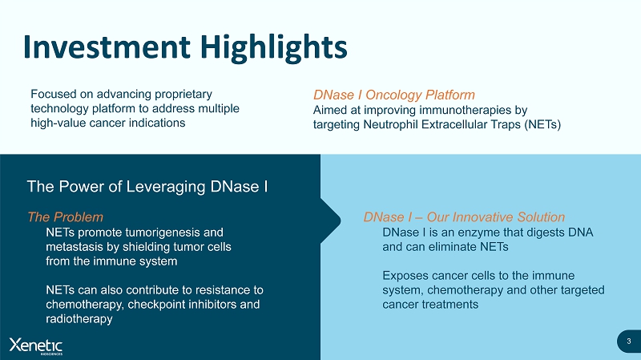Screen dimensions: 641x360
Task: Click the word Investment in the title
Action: pyautogui.click(x=107, y=47)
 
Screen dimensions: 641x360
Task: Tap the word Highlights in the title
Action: pyautogui.click(x=274, y=48)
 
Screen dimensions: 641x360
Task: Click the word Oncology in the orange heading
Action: pyautogui.click(x=393, y=95)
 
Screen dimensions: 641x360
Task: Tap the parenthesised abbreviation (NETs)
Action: pyautogui.click(x=542, y=124)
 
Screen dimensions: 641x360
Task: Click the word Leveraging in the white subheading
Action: pyautogui.click(x=166, y=187)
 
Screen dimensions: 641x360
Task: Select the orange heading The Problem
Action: pyautogui.click(x=66, y=216)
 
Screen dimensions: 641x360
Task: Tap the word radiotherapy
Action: pyautogui.click(x=79, y=318)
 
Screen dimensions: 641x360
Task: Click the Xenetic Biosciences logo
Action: pyautogui.click(x=36, y=346)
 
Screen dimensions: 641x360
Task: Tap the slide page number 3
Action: pyautogui.click(x=629, y=342)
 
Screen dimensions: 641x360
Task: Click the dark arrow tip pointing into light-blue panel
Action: pyautogui.click(x=341, y=221)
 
